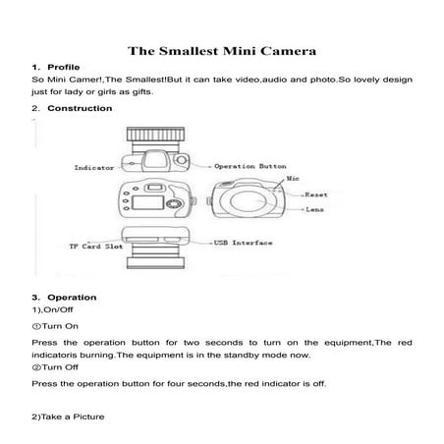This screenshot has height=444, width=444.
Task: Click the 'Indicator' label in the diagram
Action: click(93, 169)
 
